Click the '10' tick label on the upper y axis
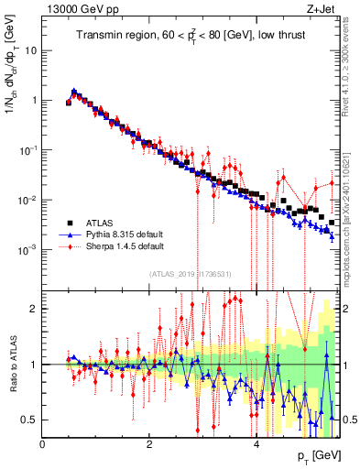point(31,50)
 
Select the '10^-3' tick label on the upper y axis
point(28,249)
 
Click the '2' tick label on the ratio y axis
point(34,309)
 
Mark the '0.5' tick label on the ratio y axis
point(29,420)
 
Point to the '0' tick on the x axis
point(42,444)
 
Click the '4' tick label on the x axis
point(256,444)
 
